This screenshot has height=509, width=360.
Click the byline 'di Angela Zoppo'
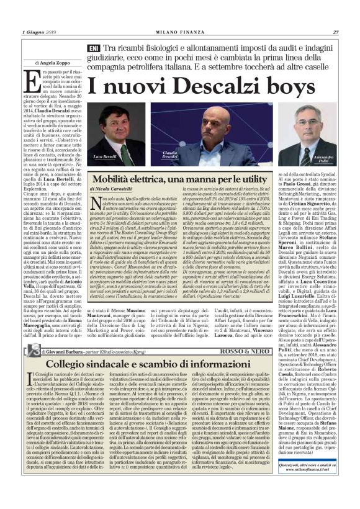42,63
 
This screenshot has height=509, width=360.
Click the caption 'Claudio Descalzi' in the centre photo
170,155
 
